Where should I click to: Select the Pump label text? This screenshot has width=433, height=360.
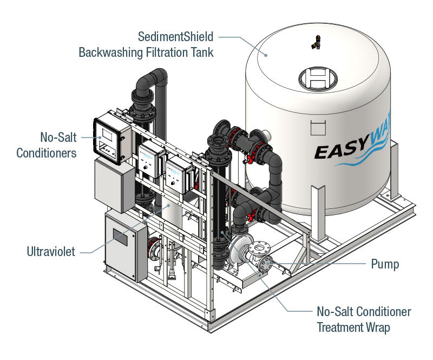pyautogui.click(x=385, y=264)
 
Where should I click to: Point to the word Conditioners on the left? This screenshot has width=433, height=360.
pyautogui.click(x=46, y=153)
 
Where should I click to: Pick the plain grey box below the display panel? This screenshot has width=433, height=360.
pyautogui.click(x=114, y=185)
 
